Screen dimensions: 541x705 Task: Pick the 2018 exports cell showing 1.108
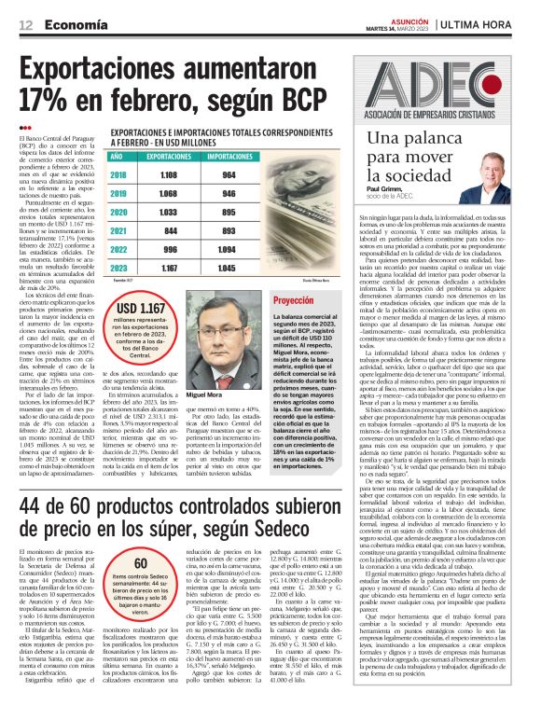168,174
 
